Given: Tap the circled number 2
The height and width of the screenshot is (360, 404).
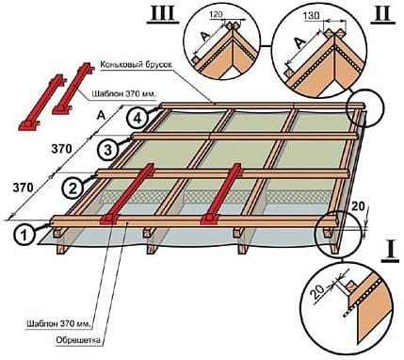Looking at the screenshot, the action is coord(73,188).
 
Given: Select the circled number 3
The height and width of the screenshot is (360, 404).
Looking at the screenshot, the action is coord(107,150).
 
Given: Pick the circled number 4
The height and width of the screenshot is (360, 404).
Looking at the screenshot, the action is coord(137,119).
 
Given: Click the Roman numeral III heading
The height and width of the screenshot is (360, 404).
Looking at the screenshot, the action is coord(163,14).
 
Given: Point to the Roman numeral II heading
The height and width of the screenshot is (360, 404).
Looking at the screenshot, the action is coord(383,14).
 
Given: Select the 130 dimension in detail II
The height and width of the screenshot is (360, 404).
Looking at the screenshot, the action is coord(312,15).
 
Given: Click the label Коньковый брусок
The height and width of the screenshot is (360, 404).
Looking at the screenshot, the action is coord(137,65).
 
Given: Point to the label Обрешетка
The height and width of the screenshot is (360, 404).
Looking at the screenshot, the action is coord(78,340).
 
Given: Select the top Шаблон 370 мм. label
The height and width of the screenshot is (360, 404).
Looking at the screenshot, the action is coord(124,94).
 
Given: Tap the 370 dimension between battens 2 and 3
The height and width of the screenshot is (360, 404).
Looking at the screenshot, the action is coord(61,149).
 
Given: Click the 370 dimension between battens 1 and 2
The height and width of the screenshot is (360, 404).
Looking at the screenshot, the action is coord(23,188).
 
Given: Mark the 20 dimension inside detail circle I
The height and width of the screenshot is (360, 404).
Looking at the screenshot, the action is coord(316,292).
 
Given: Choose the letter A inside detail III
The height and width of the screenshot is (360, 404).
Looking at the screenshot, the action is coord(205,38).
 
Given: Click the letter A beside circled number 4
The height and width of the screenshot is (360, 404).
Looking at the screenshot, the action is coord(101,116).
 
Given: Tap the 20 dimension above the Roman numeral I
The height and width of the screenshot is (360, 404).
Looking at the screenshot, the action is coord(358,206).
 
